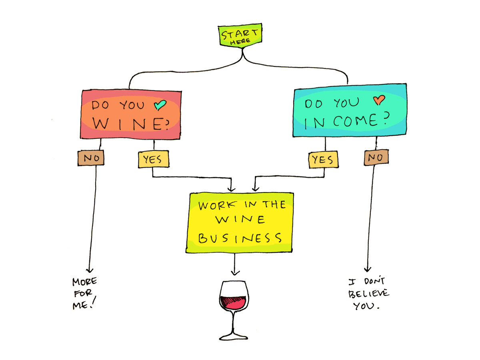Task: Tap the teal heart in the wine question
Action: coord(160,105)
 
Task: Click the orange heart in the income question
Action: coord(379,100)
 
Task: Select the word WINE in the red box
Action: coord(131,124)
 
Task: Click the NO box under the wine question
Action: coord(91,158)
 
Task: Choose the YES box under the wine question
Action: coord(153,159)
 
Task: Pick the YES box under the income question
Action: coord(324,160)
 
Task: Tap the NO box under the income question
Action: coord(376,157)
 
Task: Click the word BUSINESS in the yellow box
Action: coord(240,238)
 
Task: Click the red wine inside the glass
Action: coord(234,302)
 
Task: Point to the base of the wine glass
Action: coord(233,337)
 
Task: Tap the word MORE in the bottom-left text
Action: coord(85,281)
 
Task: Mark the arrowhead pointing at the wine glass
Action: coord(235,273)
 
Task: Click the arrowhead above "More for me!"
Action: coord(90,271)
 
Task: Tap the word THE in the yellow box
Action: coord(274,204)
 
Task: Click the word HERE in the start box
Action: coord(240,41)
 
